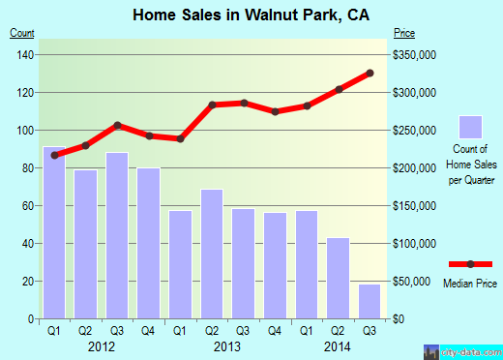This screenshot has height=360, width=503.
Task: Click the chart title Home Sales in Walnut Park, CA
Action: pyautogui.click(x=251, y=15)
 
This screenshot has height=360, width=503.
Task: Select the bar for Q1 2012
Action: pyautogui.click(x=54, y=232)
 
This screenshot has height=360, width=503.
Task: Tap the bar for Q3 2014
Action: pyautogui.click(x=370, y=301)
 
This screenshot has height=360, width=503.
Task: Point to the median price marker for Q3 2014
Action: pyautogui.click(x=370, y=73)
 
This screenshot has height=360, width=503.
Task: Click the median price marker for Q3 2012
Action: pyautogui.click(x=117, y=125)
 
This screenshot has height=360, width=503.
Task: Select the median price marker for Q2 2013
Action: pyautogui.click(x=212, y=105)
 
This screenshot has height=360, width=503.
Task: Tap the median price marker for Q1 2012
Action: pyautogui.click(x=54, y=155)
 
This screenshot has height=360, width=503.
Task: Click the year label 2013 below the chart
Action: pyautogui.click(x=227, y=345)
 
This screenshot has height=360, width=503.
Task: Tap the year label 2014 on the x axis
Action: pyautogui.click(x=339, y=345)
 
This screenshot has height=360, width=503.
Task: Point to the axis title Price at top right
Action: pyautogui.click(x=404, y=34)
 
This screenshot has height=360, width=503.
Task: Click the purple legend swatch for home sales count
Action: pyautogui.click(x=470, y=127)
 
